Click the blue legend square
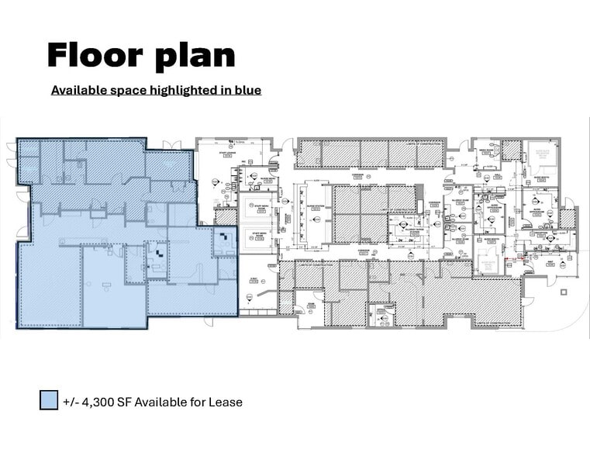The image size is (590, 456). click(x=49, y=401)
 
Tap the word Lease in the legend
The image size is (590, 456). click(x=226, y=402)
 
